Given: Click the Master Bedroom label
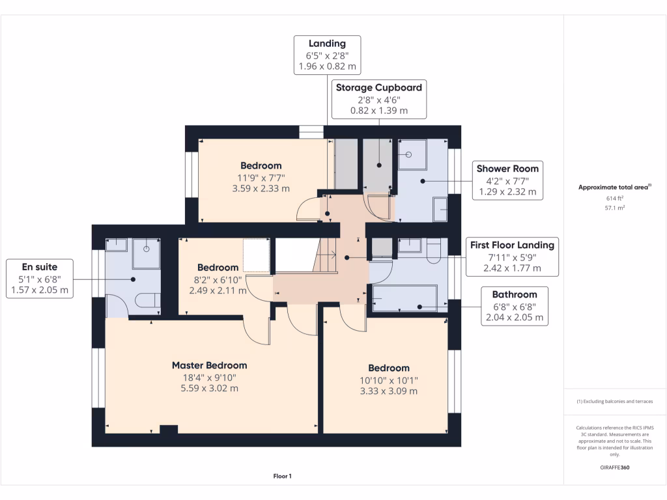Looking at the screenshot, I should click(x=209, y=365).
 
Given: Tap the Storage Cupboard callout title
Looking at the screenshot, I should click(x=378, y=87).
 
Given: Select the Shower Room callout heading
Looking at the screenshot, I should click(x=507, y=169).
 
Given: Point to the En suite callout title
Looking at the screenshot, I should click(x=40, y=266).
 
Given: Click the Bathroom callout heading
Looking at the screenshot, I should click(x=515, y=294).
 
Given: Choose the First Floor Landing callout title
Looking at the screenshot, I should click(x=512, y=245).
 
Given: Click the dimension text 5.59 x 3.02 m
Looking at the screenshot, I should click(x=209, y=389).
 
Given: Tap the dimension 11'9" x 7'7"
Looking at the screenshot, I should click(x=261, y=177).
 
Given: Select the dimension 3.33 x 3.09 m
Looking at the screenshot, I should click(x=388, y=391).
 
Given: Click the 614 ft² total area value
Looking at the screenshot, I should click(x=615, y=199).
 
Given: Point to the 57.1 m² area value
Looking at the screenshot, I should click(x=615, y=209).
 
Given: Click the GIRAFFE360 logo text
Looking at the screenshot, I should click(x=615, y=467).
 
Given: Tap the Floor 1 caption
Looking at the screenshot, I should click(x=282, y=477).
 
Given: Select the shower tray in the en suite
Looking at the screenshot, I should click(x=147, y=253).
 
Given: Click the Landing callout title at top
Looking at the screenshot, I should click(x=327, y=44).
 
